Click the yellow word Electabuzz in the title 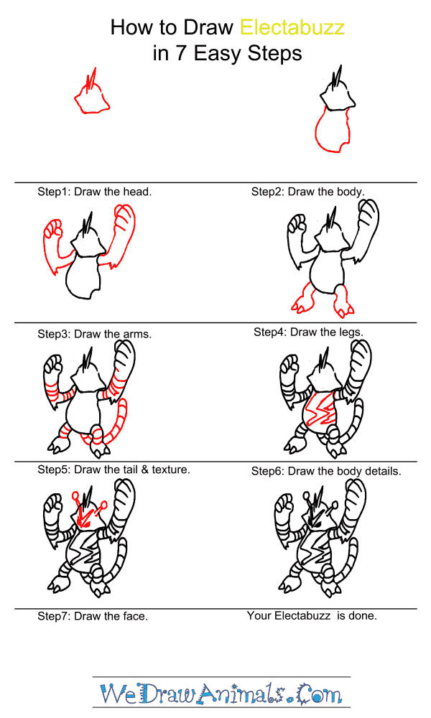coord(292,27)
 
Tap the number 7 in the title coord(181,53)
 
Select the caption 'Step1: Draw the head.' coord(94,192)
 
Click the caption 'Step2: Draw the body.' coord(307,192)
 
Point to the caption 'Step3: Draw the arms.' coord(94,334)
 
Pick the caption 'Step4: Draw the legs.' coord(309,332)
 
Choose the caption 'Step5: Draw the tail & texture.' coord(113,470)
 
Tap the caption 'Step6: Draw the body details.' coord(326,471)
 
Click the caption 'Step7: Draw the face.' coord(93,616)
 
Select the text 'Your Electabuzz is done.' coord(312,616)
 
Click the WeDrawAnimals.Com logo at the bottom coord(221,694)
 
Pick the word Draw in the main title coord(208,27)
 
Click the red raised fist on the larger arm coord(123,219)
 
